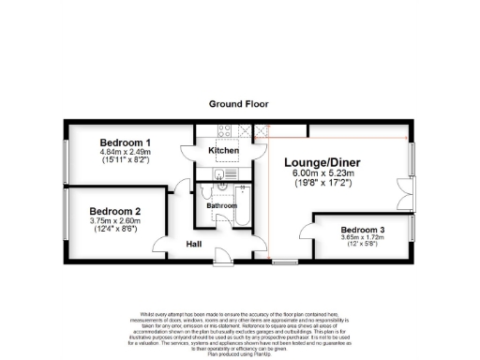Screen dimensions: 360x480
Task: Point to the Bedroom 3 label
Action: pos(364,230)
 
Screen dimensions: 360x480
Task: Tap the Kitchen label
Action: pos(223,150)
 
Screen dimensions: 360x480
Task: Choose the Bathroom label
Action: pos(222,204)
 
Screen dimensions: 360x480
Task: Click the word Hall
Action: pos(194,244)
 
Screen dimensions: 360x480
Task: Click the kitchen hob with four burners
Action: pos(225,131)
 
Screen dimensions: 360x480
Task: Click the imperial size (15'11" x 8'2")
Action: pos(125,160)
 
